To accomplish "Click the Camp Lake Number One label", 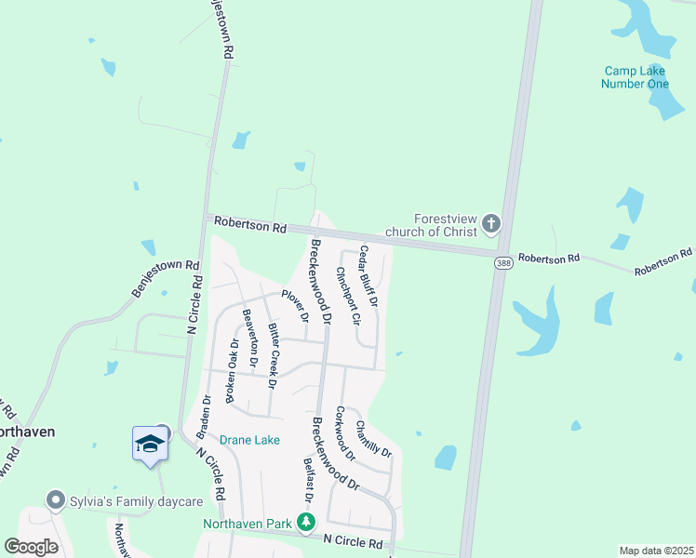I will (636, 77).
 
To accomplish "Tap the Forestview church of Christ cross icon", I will (491, 224).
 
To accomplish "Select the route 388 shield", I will (502, 264).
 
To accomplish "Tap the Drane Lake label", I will (249, 439).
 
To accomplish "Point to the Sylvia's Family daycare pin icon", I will (56, 501).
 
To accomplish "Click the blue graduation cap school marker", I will (149, 444).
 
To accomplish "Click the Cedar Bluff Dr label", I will (368, 277).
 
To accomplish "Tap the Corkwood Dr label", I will (345, 433).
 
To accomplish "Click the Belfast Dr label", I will (308, 480).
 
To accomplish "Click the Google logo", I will (31, 547).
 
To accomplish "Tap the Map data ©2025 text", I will (655, 551).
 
